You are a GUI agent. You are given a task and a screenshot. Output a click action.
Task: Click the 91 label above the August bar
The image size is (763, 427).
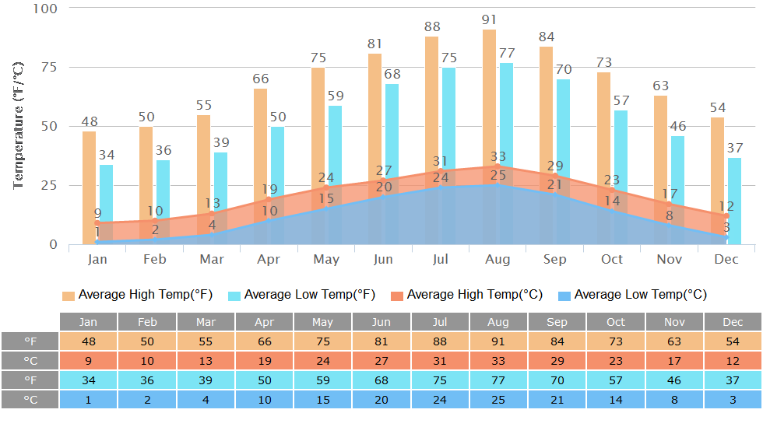[489, 19]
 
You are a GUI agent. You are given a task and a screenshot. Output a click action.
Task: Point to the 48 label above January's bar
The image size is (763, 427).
[89, 122]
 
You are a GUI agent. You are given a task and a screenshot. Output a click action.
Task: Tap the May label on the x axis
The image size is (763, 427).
[325, 259]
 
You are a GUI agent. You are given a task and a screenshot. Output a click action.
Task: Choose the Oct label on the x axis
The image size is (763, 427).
[612, 259]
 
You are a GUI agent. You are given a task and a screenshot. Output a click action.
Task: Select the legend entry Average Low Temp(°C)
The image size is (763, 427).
[631, 295]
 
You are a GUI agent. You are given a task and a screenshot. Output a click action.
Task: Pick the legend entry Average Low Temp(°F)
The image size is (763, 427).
[302, 295]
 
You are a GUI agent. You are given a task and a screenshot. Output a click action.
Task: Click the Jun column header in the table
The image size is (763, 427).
[381, 322]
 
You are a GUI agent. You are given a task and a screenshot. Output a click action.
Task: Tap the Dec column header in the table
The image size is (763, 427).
[733, 322]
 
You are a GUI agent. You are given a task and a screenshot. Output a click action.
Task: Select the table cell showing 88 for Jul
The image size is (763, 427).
[440, 341]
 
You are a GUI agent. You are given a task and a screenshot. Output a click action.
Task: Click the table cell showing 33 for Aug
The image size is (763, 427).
[498, 361]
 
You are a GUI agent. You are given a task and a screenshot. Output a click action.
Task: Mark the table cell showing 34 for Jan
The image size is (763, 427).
[89, 380]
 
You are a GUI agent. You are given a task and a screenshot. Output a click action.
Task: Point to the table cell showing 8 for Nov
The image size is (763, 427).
[674, 400]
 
